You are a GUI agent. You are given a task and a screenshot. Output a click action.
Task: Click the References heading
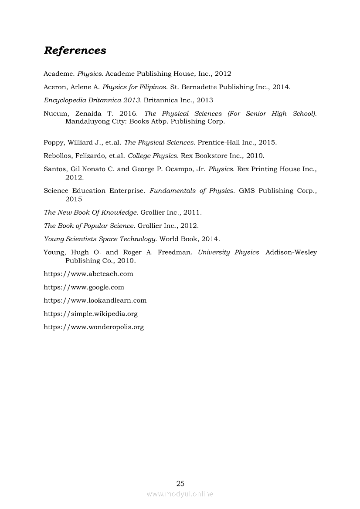tap(75, 51)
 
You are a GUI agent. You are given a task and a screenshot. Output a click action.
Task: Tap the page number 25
tap(180, 483)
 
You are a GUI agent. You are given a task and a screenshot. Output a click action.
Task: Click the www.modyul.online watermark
tap(180, 494)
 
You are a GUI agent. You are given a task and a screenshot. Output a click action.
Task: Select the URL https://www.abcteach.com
tap(88, 274)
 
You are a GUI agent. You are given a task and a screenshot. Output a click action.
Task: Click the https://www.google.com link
tap(84, 287)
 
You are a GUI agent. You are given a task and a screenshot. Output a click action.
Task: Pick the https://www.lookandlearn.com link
tap(95, 300)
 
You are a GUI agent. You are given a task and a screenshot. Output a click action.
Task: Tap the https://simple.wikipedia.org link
tap(91, 313)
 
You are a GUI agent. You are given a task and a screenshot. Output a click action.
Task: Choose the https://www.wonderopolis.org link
tap(94, 327)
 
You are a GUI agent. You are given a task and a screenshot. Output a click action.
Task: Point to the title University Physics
tap(229, 253)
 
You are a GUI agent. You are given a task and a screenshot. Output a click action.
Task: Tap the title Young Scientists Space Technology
tap(100, 239)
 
